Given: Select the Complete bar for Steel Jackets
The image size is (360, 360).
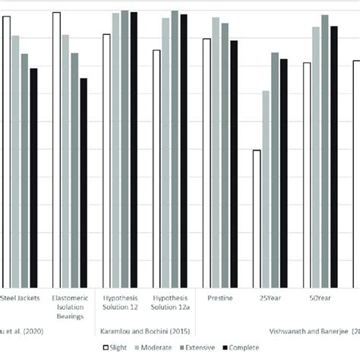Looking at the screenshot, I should click(x=33, y=175).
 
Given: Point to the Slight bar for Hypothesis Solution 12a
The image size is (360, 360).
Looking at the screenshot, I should click(x=156, y=166).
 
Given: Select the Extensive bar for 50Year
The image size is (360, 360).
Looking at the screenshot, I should click(x=324, y=149).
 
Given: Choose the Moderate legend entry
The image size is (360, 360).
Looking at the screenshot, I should click(x=159, y=347).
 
